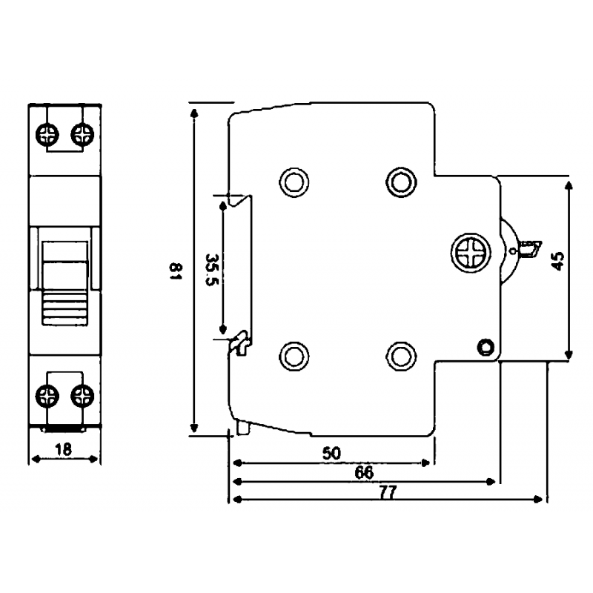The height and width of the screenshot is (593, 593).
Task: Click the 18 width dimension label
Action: tap(63, 450)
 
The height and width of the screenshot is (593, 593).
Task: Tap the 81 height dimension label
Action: tap(176, 271)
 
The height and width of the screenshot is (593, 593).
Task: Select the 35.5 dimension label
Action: tap(212, 270)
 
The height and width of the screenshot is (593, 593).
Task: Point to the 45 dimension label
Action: tap(558, 261)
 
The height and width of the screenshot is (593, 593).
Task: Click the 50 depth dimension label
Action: tap(331, 453)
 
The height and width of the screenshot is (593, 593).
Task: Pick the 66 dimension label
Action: tap(364, 472)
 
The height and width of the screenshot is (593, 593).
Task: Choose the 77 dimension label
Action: tap(388, 492)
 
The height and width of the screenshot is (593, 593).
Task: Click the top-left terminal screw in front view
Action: tap(47, 134)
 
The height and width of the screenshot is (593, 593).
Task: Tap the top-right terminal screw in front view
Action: tap(82, 134)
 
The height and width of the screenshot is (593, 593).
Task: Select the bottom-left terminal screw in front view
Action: tap(47, 396)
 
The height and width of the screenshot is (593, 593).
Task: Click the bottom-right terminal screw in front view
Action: tap(82, 396)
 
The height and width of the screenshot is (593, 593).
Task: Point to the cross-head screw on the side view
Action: tap(471, 253)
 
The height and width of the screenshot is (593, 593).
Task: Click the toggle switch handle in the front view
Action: tap(65, 284)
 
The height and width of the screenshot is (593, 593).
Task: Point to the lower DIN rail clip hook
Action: tap(240, 343)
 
